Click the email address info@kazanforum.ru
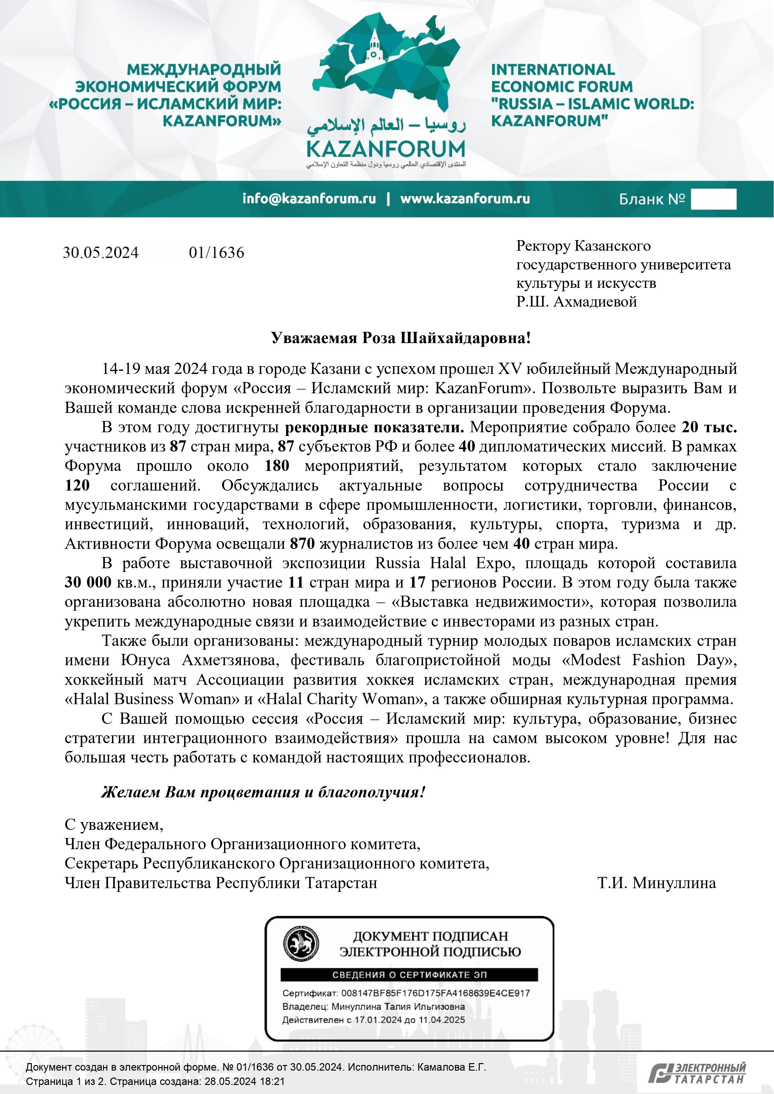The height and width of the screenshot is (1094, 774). coord(309,199)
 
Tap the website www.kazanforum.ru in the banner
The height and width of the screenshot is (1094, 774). coord(465,199)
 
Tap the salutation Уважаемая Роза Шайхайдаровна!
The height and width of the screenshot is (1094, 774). coord(400,338)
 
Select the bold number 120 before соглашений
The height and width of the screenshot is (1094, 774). coord(77,486)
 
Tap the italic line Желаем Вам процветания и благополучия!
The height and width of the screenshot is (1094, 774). coord(262,792)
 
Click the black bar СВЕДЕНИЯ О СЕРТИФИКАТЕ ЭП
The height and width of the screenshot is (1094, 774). coord(409,975)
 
